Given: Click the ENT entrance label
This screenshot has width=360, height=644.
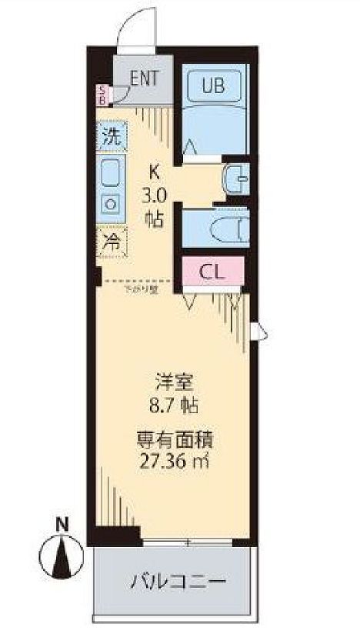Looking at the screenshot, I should tap(145, 77).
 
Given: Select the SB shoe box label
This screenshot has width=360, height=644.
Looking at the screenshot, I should tap(102, 95).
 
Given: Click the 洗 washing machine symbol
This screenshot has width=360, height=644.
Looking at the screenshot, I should tap(112, 140).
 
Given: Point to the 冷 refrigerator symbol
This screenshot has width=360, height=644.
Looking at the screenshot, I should tap(112, 242).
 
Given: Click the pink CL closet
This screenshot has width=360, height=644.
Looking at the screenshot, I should tap(212, 271).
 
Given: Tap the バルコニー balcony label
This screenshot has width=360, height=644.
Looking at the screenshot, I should tap(175, 578).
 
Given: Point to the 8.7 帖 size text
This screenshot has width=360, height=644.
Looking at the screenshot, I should tap(175, 402).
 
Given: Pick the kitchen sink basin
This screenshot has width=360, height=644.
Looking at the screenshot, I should tap(112, 175).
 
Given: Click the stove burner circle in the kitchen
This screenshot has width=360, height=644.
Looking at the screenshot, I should tap(112, 204).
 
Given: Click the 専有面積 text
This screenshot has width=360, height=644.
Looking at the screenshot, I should tap(175, 441).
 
